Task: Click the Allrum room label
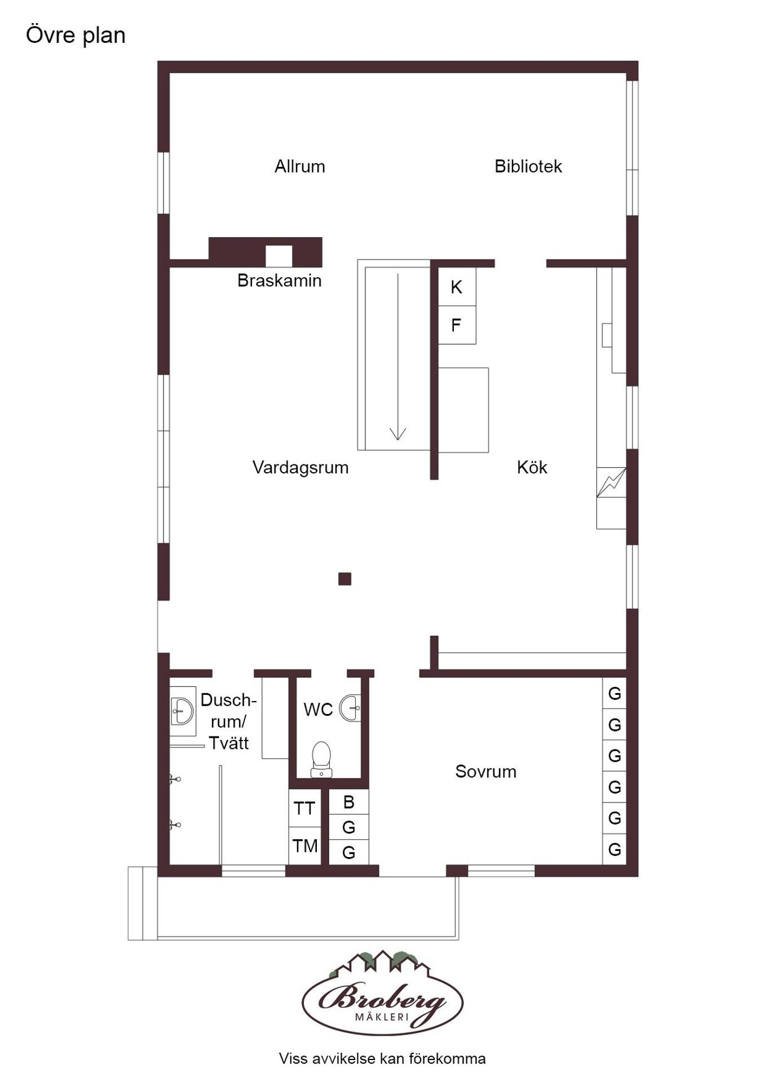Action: coord(299,166)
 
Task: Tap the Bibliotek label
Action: coord(528,166)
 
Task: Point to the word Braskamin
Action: coord(279,280)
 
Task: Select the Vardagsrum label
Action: coord(300,467)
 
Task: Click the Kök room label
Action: coord(532,467)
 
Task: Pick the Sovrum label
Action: coord(486,771)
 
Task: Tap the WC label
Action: coord(318,709)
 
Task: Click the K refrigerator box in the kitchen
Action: coord(457,287)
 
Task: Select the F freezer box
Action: coord(457,325)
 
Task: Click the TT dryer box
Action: coord(304,808)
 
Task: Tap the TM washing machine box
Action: coord(304,846)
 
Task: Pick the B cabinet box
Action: coord(349,802)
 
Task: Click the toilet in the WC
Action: coord(321,760)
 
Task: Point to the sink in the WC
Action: coord(350,708)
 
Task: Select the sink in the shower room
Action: coord(183,711)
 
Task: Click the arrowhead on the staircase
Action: coord(398,433)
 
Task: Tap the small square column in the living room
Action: coord(345,579)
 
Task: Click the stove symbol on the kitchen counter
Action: coord(612,482)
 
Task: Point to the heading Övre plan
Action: coord(76,36)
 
